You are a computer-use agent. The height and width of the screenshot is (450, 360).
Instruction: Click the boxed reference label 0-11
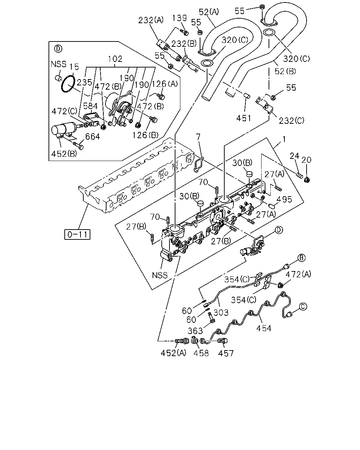pyautogui.click(x=77, y=234)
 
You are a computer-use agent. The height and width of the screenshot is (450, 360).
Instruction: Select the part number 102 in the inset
pyautogui.click(x=115, y=59)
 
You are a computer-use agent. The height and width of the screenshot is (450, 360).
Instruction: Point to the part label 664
pyautogui.click(x=92, y=136)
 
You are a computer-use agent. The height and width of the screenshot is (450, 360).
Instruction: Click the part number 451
pyautogui.click(x=244, y=118)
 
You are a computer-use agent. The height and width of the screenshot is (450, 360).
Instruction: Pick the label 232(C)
pyautogui.click(x=291, y=121)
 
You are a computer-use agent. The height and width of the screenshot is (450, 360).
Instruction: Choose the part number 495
pyautogui.click(x=284, y=199)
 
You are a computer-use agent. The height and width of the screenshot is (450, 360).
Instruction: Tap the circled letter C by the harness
pyautogui.click(x=303, y=307)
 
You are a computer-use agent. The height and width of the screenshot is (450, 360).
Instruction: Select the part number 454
pyautogui.click(x=264, y=328)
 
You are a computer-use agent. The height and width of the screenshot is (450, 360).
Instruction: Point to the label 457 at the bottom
pyautogui.click(x=226, y=353)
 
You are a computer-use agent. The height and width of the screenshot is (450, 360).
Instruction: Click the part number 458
pyautogui.click(x=201, y=353)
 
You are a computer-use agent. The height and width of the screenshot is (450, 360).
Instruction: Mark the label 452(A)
pyautogui.click(x=173, y=353)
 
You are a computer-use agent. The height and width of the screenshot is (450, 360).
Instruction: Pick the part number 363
pyautogui.click(x=195, y=331)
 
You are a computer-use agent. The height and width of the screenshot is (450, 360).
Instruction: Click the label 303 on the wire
pyautogui.click(x=221, y=313)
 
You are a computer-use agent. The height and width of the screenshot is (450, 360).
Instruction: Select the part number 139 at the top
pyautogui.click(x=179, y=18)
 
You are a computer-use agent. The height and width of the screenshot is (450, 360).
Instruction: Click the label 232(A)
pyautogui.click(x=150, y=20)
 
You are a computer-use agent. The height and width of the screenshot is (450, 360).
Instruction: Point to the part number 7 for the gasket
pyautogui.click(x=198, y=137)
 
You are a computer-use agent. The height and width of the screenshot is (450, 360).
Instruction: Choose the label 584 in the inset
pyautogui.click(x=90, y=106)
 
